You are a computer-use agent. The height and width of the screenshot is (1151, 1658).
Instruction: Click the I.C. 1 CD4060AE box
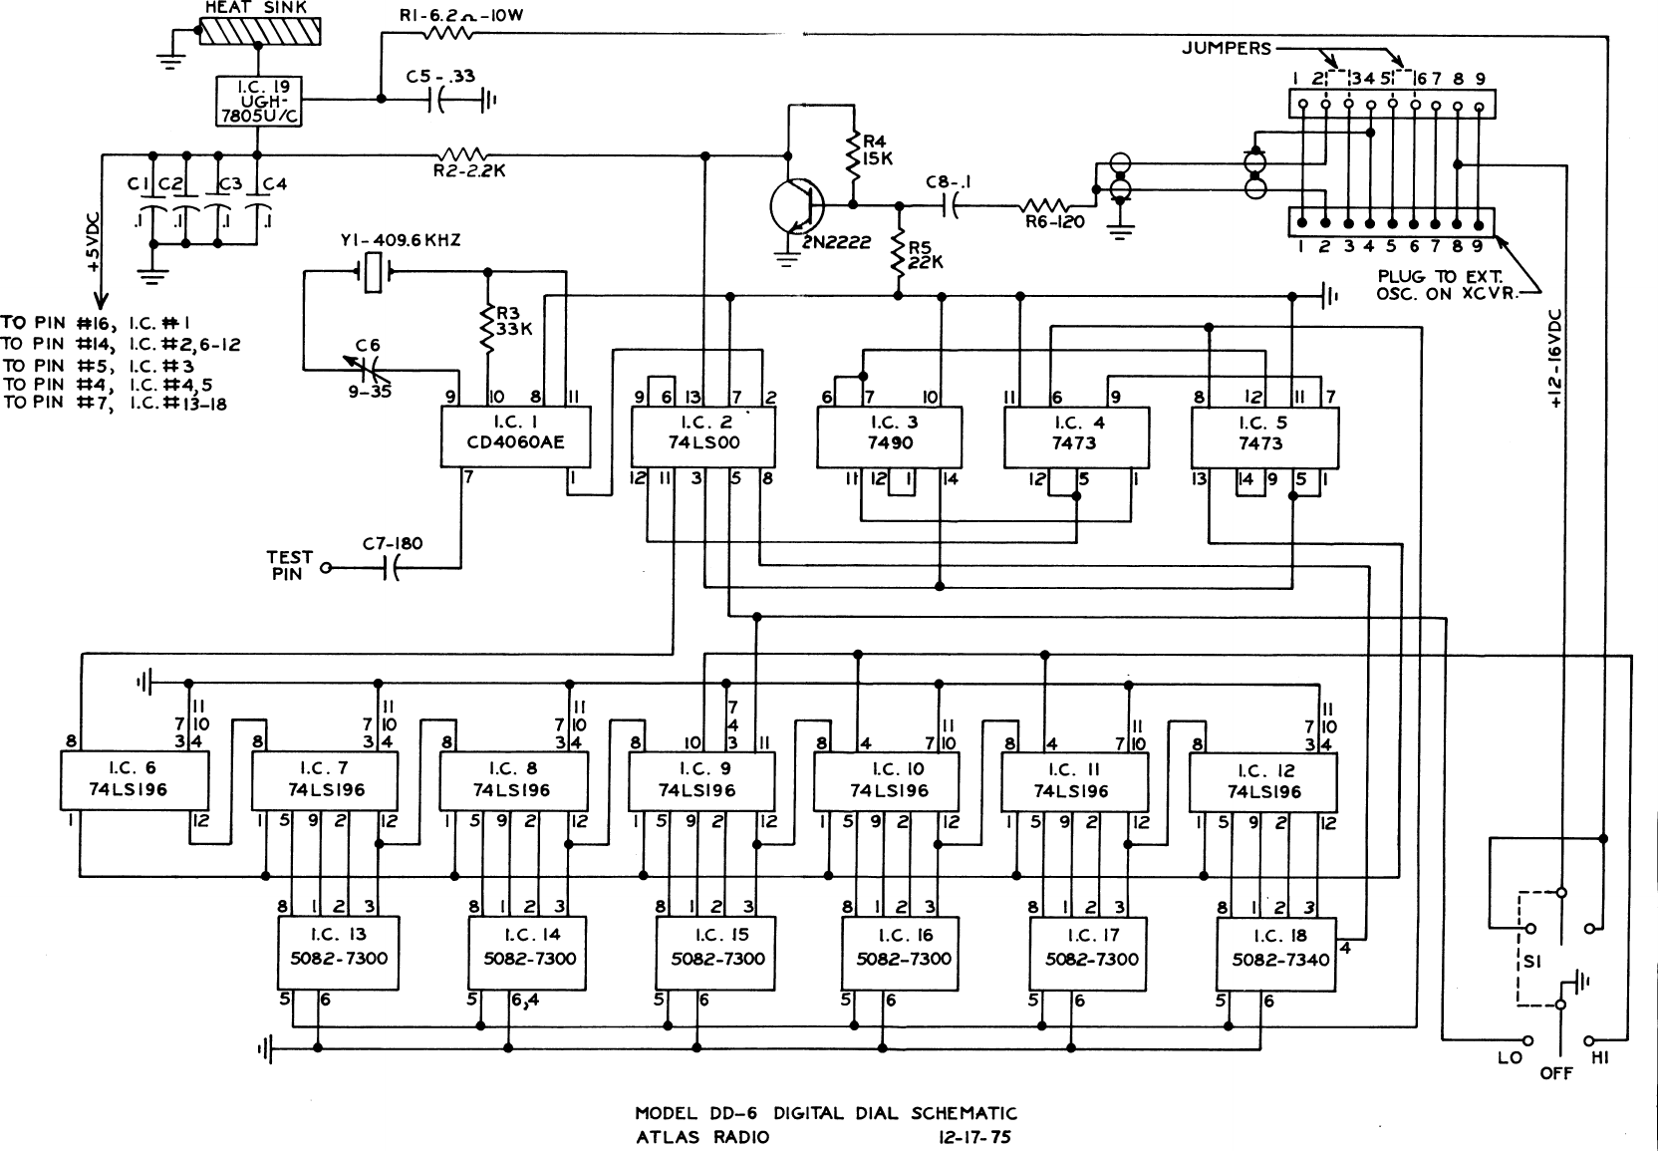click(515, 436)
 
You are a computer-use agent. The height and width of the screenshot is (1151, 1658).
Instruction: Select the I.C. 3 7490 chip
click(890, 436)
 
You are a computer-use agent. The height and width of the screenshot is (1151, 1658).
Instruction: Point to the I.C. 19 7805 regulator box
click(258, 100)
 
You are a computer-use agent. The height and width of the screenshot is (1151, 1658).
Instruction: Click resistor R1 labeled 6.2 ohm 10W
click(447, 33)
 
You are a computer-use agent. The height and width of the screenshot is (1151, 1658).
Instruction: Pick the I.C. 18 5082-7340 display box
click(1275, 954)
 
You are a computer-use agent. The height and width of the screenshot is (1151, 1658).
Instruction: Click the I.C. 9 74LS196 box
click(701, 780)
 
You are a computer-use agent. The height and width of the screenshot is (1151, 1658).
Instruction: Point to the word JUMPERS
click(1227, 48)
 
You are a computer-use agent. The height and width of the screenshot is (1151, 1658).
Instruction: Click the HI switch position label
click(1601, 1057)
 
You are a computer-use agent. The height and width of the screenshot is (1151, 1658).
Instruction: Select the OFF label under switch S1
click(1557, 1074)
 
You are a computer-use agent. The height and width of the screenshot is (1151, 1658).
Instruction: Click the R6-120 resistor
click(1047, 206)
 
